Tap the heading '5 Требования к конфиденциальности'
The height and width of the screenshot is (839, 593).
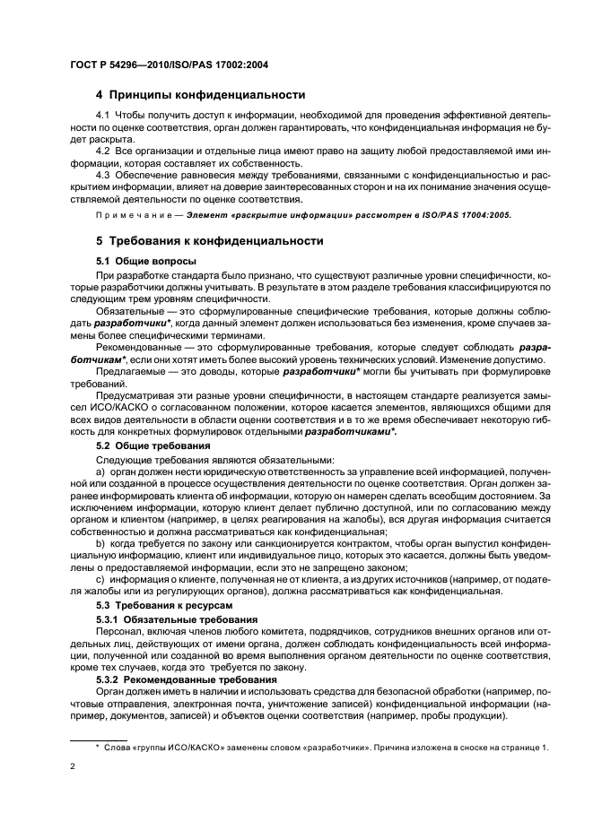[211, 243]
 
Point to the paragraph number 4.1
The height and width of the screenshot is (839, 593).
[103, 117]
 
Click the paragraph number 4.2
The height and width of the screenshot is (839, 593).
[103, 149]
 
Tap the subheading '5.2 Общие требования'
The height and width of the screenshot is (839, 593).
[153, 445]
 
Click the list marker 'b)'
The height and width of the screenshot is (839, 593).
[100, 544]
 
